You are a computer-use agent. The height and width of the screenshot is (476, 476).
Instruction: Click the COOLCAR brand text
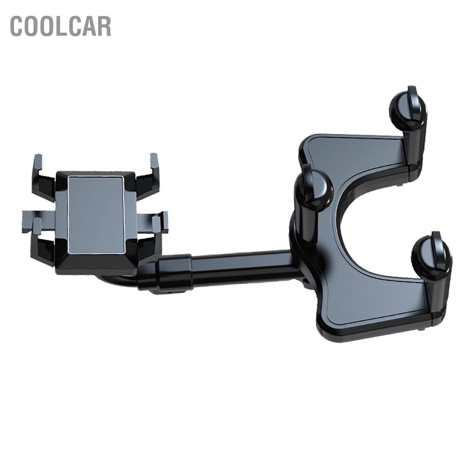(61, 26)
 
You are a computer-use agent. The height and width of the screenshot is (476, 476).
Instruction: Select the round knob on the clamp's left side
(313, 188)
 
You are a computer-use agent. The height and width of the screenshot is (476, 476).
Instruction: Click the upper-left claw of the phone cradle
(42, 176)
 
